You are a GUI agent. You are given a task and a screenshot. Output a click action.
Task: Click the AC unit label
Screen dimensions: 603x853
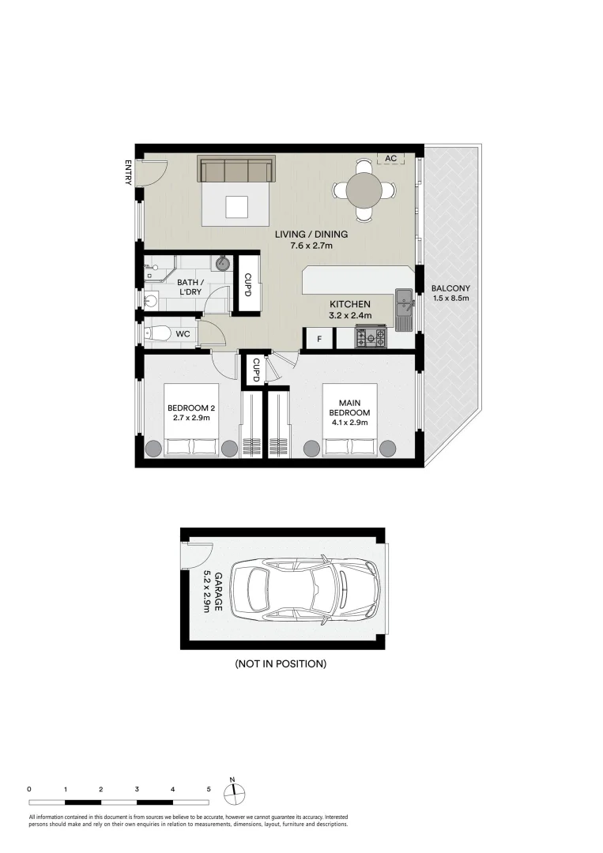[390, 158]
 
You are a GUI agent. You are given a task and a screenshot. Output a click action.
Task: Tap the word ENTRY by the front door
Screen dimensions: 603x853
[129, 172]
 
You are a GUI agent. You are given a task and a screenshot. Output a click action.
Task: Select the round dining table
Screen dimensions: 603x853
[364, 190]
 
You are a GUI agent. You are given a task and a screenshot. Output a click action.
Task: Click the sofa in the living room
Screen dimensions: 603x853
[237, 169]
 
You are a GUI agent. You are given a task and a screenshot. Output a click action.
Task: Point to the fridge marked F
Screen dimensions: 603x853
[319, 339]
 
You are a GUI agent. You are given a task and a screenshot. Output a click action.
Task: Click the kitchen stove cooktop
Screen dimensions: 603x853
[371, 337]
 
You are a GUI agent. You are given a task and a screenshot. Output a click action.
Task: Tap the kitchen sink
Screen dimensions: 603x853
[404, 302]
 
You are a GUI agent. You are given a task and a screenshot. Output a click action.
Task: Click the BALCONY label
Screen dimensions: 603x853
[450, 288]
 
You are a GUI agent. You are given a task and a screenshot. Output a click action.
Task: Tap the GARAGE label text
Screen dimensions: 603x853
[217, 591]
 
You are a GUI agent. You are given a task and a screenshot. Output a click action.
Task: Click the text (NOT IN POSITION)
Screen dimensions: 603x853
[281, 663]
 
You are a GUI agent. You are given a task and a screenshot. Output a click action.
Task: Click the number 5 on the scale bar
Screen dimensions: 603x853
[209, 789]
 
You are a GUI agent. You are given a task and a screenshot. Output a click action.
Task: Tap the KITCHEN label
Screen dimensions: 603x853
[350, 304]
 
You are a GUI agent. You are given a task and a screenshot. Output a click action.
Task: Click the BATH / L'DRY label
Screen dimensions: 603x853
[190, 287]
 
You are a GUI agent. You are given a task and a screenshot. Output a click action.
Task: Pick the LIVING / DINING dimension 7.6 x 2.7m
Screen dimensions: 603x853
[311, 246]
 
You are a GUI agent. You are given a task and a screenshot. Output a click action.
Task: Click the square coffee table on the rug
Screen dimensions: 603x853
[237, 206]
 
